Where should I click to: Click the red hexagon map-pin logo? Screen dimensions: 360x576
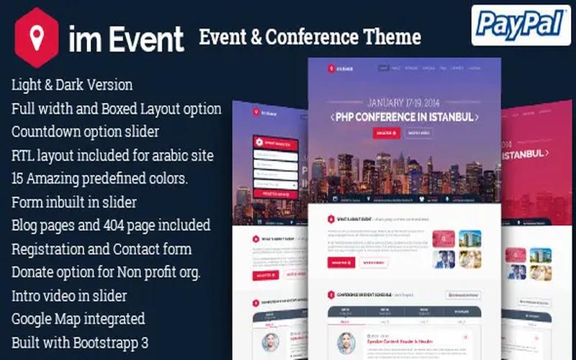pos(37,38)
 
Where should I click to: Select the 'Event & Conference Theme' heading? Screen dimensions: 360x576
pos(310,36)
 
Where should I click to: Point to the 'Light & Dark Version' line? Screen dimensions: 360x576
pos(72,84)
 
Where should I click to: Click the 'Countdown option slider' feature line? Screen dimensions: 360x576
pos(85,132)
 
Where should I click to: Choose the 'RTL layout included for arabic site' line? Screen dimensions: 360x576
pos(112,155)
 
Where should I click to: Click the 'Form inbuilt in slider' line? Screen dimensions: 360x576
pos(74,202)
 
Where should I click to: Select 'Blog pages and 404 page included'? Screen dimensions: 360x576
pos(111,225)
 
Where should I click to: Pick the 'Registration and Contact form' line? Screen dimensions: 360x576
pos(102,248)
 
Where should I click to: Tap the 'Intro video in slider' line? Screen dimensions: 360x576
pos(69,295)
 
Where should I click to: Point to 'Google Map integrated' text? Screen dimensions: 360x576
pos(78,318)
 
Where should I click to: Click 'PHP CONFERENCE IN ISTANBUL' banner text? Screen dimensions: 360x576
pos(405,117)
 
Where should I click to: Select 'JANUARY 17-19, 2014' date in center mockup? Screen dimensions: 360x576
pos(405,102)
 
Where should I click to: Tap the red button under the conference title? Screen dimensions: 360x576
pos(386,132)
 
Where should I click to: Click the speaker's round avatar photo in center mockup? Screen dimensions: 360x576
pos(345,342)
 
